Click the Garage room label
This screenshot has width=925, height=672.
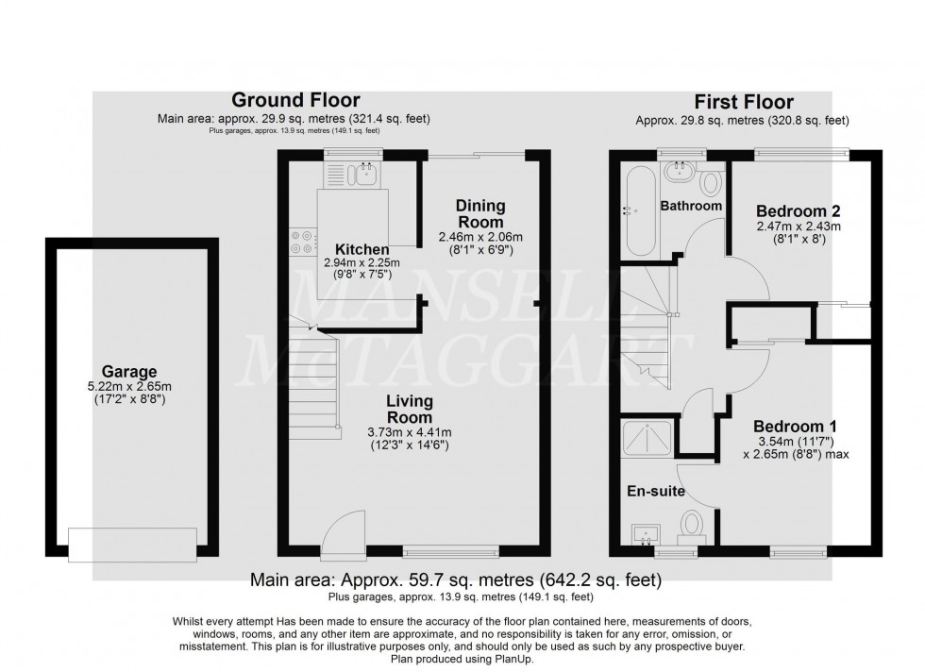[x=131, y=372]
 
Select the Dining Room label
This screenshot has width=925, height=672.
[x=480, y=213]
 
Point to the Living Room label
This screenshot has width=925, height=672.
[x=409, y=409]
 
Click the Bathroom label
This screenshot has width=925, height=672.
[x=690, y=206]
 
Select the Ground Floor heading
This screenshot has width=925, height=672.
[x=295, y=100]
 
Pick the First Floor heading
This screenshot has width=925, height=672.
[x=743, y=102]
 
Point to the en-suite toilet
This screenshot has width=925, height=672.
[x=692, y=524]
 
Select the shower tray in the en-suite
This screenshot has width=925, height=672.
[x=647, y=437]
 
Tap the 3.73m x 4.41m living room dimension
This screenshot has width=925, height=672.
[x=409, y=432]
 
